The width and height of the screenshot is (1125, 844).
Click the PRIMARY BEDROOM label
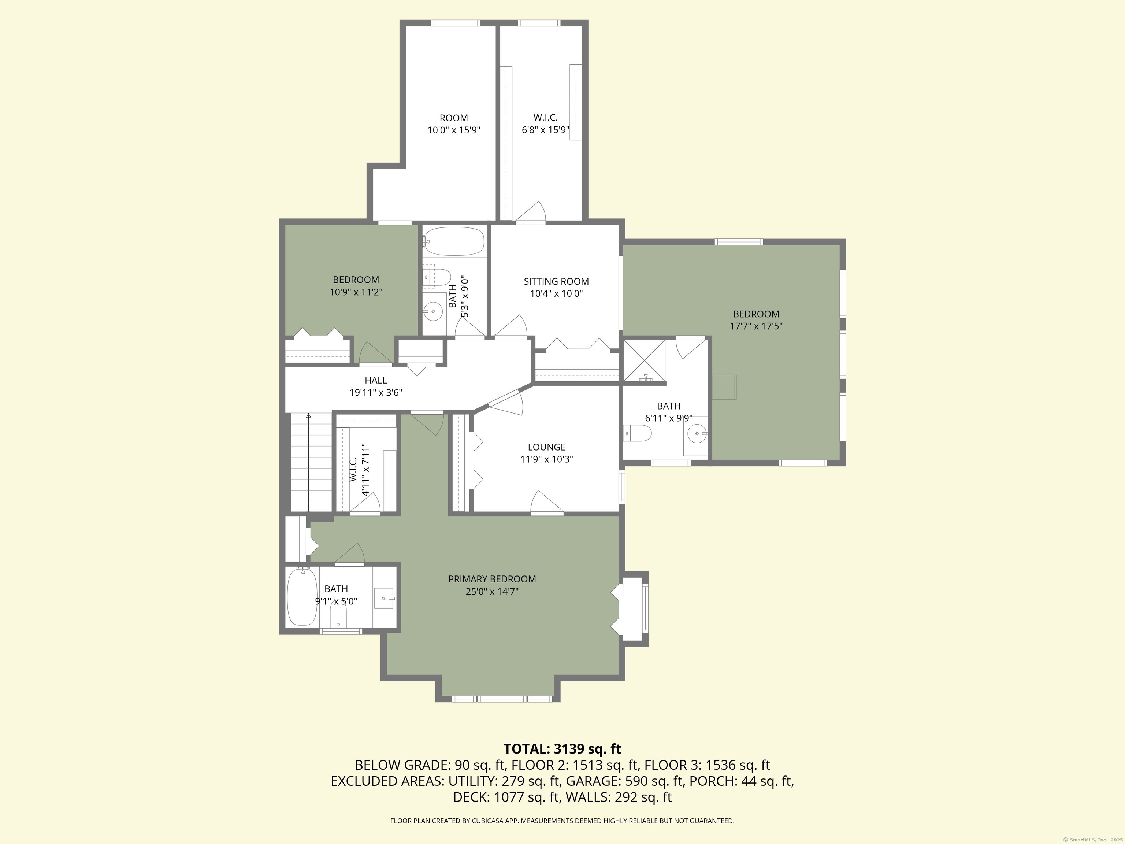click(492, 579)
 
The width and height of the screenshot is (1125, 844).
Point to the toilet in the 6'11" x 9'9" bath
click(639, 433)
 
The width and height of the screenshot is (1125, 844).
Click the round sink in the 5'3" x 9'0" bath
click(433, 310)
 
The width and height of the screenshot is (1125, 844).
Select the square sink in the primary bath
click(384, 598)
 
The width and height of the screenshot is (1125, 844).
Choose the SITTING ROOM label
click(556, 281)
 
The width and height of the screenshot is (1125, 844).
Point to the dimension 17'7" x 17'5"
click(756, 326)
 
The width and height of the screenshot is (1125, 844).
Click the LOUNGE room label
click(546, 447)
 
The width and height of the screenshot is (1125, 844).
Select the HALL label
click(375, 380)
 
